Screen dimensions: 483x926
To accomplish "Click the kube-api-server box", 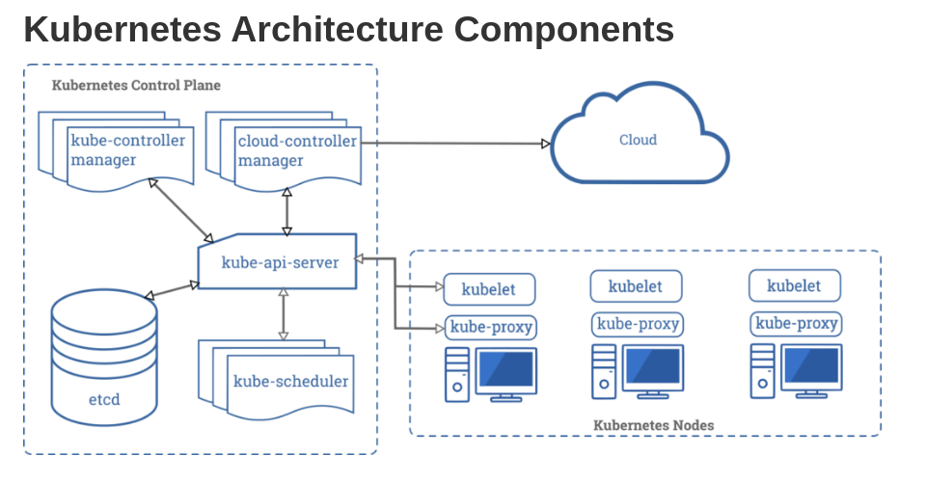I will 279,261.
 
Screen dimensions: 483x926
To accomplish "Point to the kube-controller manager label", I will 127,150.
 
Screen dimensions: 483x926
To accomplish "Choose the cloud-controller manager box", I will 297,150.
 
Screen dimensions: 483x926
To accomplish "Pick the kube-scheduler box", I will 289,381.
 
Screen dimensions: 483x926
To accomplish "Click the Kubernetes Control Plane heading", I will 136,85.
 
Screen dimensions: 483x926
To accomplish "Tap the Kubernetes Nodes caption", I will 654,424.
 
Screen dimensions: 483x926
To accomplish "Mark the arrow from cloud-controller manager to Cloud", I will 453,143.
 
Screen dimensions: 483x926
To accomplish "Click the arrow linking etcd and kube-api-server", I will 172,290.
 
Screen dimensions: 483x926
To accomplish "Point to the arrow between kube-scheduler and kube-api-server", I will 284,313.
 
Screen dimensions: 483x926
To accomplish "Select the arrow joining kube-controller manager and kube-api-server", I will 181,209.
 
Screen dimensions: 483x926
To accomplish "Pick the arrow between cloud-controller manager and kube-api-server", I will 286,211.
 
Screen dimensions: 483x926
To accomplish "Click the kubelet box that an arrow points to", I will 489,288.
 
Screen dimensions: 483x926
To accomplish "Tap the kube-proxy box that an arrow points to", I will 490,327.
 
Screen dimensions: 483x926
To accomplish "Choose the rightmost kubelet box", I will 794,285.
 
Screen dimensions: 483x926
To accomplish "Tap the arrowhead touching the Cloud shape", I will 545,144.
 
